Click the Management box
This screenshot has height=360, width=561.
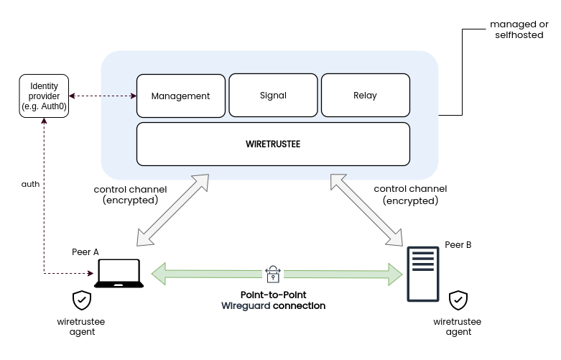click(x=180, y=96)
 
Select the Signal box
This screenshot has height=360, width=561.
click(x=272, y=95)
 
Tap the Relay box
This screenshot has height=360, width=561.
click(x=365, y=95)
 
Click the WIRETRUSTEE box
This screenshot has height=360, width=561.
click(x=273, y=144)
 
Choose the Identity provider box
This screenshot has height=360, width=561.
click(x=44, y=96)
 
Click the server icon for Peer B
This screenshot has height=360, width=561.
click(x=424, y=274)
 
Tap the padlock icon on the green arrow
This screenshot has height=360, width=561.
click(x=273, y=273)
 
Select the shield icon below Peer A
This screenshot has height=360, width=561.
click(x=82, y=300)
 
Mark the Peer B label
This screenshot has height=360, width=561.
click(x=458, y=245)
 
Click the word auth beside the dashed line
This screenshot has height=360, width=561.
click(x=30, y=184)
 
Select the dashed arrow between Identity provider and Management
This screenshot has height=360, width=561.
click(x=103, y=96)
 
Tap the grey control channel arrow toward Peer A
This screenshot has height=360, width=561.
click(x=172, y=208)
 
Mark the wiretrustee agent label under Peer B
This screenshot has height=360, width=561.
click(x=458, y=327)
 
